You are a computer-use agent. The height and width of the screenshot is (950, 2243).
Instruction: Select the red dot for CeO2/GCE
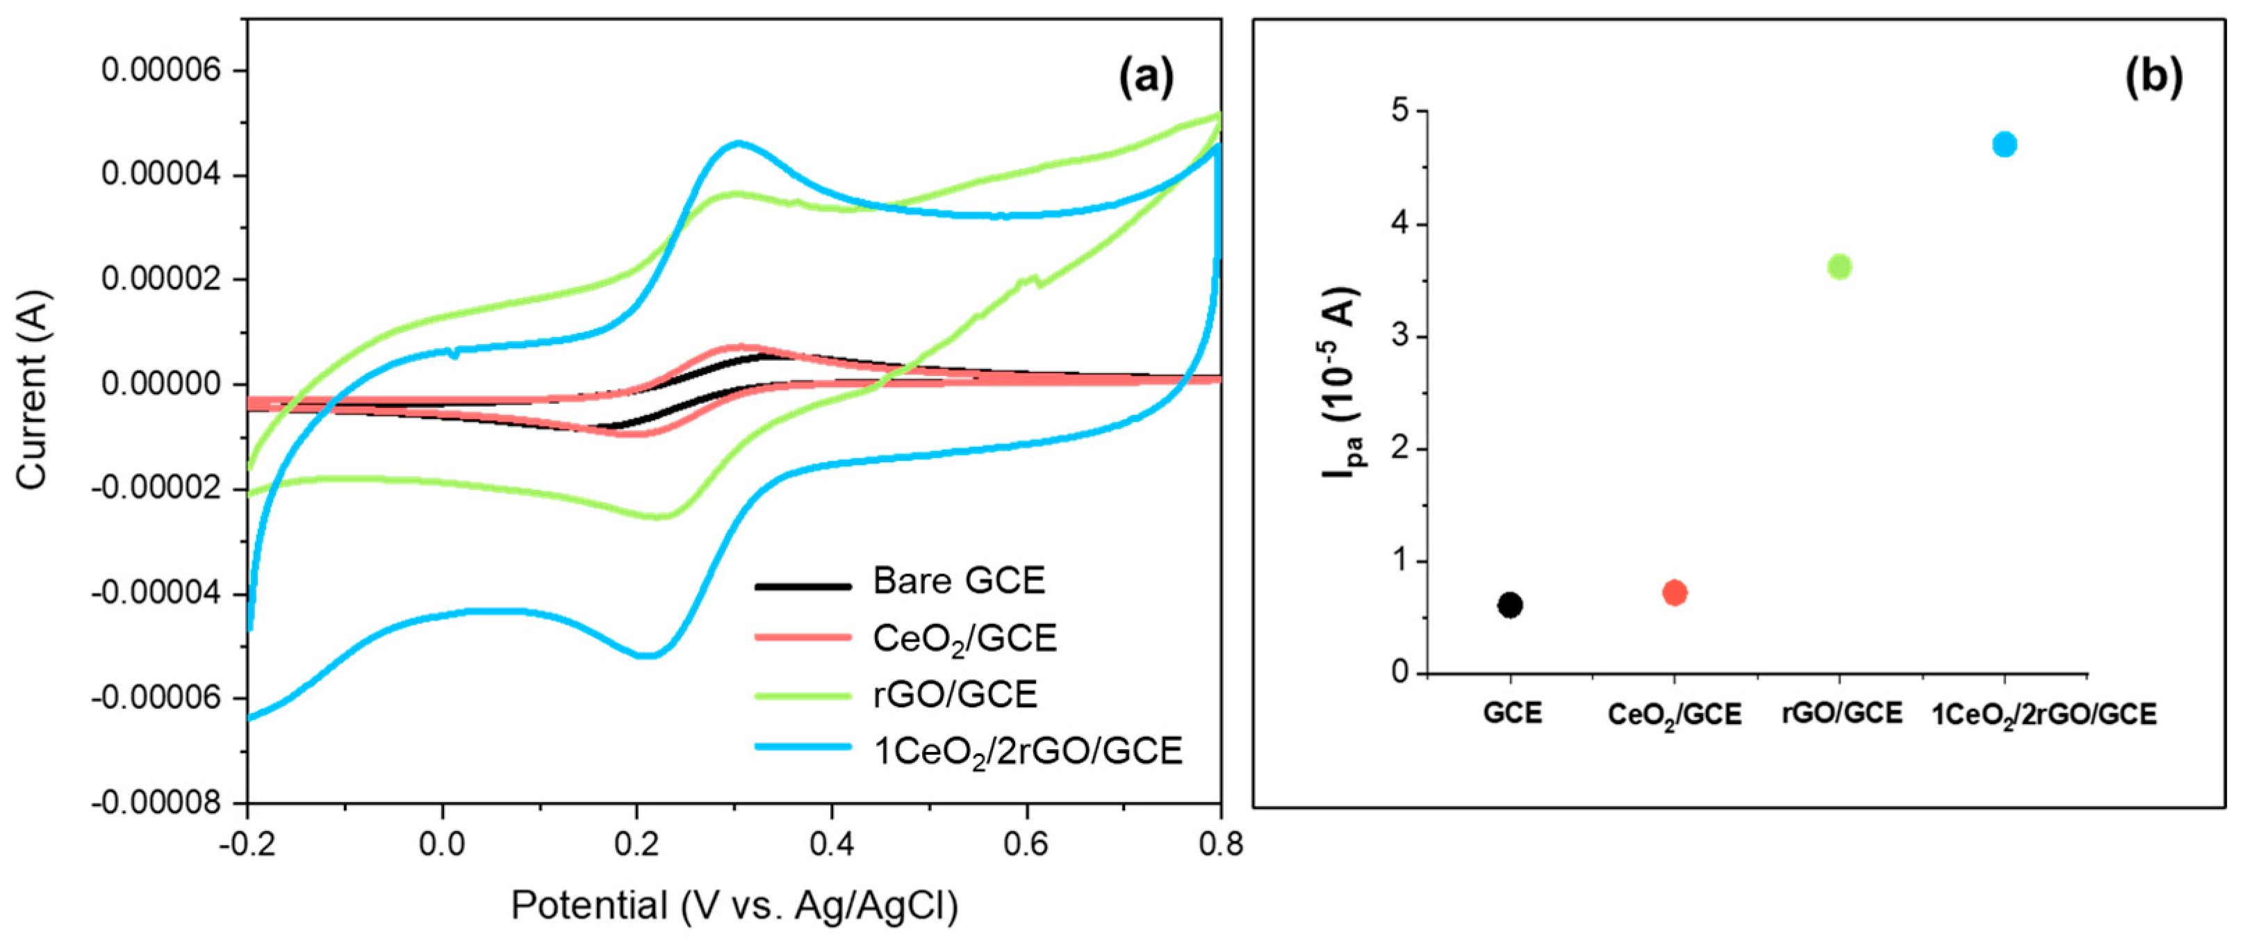pos(1675,593)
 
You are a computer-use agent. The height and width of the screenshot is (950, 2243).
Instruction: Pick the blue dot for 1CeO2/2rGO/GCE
pos(2005,144)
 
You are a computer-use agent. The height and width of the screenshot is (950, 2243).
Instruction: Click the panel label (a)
pos(1146,78)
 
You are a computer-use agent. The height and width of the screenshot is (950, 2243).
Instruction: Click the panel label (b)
pos(2154,78)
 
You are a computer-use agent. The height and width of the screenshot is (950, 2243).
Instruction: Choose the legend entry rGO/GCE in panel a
pos(955,694)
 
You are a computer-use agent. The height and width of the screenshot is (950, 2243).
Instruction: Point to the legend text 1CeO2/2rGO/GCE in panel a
pos(1028,751)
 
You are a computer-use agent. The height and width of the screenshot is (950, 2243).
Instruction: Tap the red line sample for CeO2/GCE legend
pos(802,637)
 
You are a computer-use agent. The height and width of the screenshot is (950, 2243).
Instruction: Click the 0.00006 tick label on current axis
pos(161,69)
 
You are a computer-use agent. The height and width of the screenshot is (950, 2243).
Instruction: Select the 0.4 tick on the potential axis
pos(832,844)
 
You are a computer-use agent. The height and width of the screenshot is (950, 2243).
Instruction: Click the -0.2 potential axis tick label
pos(248,844)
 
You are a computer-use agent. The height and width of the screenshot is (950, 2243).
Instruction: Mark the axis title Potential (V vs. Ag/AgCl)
pos(734,906)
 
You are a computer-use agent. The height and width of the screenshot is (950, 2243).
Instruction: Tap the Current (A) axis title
pos(33,389)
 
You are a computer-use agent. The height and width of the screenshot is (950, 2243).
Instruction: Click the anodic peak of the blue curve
pos(739,142)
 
